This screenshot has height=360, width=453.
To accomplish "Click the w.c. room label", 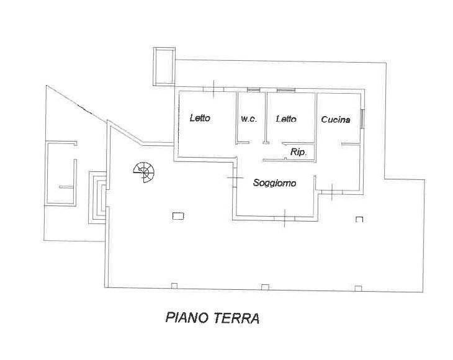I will pyautogui.click(x=248, y=119).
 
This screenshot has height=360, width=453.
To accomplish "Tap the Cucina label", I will pyautogui.click(x=336, y=120).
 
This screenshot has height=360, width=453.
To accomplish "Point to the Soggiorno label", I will pyautogui.click(x=274, y=183).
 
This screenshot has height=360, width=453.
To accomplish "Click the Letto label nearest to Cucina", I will pyautogui.click(x=285, y=119).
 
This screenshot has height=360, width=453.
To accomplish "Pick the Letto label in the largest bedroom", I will pyautogui.click(x=200, y=119).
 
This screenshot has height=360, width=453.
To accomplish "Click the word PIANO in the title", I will pyautogui.click(x=186, y=318).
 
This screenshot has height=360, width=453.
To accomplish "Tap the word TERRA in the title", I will pyautogui.click(x=235, y=318).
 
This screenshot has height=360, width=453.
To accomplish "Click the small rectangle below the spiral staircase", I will pyautogui.click(x=178, y=216).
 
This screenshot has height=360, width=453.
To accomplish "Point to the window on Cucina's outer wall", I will pyautogui.click(x=363, y=119).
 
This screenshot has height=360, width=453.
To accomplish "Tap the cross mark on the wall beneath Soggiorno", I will pyautogui.click(x=284, y=218).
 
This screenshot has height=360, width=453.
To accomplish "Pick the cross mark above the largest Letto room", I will pyautogui.click(x=214, y=90).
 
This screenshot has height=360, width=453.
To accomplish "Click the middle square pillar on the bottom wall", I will pyautogui.click(x=265, y=286).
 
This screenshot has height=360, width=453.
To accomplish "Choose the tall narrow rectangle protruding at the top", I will pyautogui.click(x=163, y=65).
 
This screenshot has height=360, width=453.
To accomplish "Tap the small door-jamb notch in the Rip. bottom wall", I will pyautogui.click(x=285, y=159).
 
